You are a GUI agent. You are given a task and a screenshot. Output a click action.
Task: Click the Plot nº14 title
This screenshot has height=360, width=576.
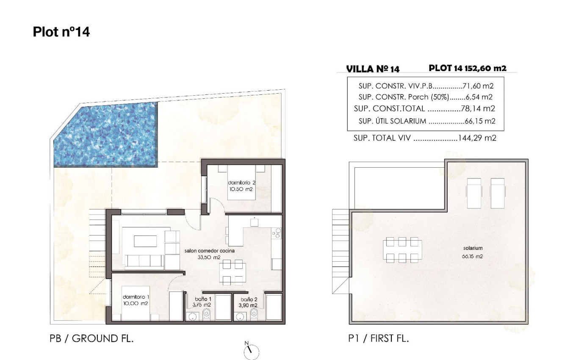[x=61, y=32]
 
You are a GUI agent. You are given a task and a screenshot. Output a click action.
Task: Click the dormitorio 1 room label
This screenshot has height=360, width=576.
[x=136, y=300]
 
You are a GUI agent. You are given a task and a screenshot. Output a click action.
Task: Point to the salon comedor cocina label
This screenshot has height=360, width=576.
[x=210, y=254]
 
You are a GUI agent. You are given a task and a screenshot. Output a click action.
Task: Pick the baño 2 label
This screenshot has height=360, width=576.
[x=247, y=302]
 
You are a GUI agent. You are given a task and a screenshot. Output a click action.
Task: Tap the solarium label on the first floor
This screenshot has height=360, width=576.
[x=473, y=252]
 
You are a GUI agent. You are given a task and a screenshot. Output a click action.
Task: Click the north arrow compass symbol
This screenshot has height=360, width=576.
[x=251, y=351]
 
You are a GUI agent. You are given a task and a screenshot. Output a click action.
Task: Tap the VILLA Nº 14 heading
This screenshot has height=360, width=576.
[x=373, y=69]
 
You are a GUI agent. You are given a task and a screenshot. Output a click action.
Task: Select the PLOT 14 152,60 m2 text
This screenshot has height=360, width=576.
[x=468, y=68]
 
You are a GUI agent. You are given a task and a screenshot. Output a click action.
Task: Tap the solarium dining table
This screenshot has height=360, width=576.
[x=402, y=249]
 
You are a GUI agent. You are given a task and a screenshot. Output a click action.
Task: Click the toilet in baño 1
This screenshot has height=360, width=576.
[x=207, y=314]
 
